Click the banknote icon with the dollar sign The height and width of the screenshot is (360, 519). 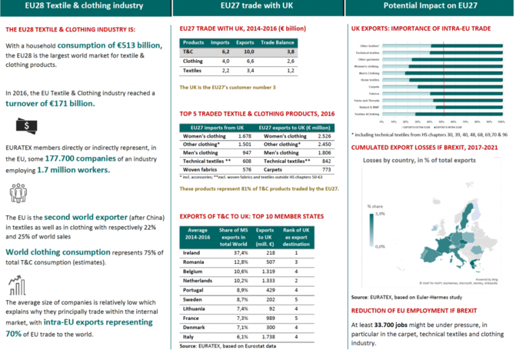point(25,125)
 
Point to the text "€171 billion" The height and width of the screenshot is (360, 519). point(68,103)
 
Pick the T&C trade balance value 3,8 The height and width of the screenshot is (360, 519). point(291,50)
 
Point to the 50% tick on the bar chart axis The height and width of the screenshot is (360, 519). point(446,121)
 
